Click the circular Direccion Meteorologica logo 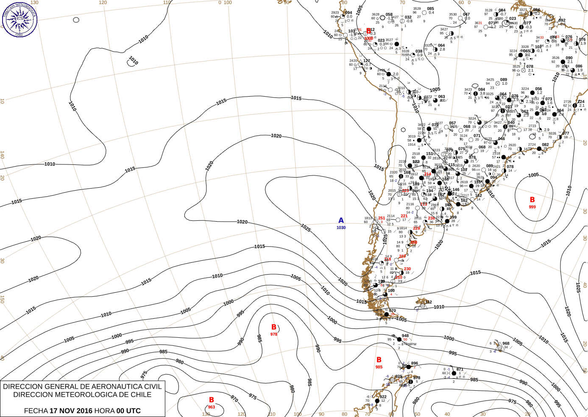coord(20,19)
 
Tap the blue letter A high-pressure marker coord(341,220)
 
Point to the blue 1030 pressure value coord(341,228)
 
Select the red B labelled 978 coord(274,327)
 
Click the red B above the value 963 coord(212,400)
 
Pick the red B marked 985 coord(379,360)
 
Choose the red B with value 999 coord(532,200)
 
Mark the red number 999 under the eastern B coord(532,207)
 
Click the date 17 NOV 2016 coord(71,411)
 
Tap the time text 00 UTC coord(129,411)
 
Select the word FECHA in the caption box coord(36,411)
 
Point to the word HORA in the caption coord(104,411)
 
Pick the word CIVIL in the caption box coord(152,386)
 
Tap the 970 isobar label coord(234,399)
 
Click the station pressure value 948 coord(405,336)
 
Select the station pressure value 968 coord(506,344)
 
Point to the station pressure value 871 coord(460,370)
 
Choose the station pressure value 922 coord(383,397)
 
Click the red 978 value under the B coord(274,334)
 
